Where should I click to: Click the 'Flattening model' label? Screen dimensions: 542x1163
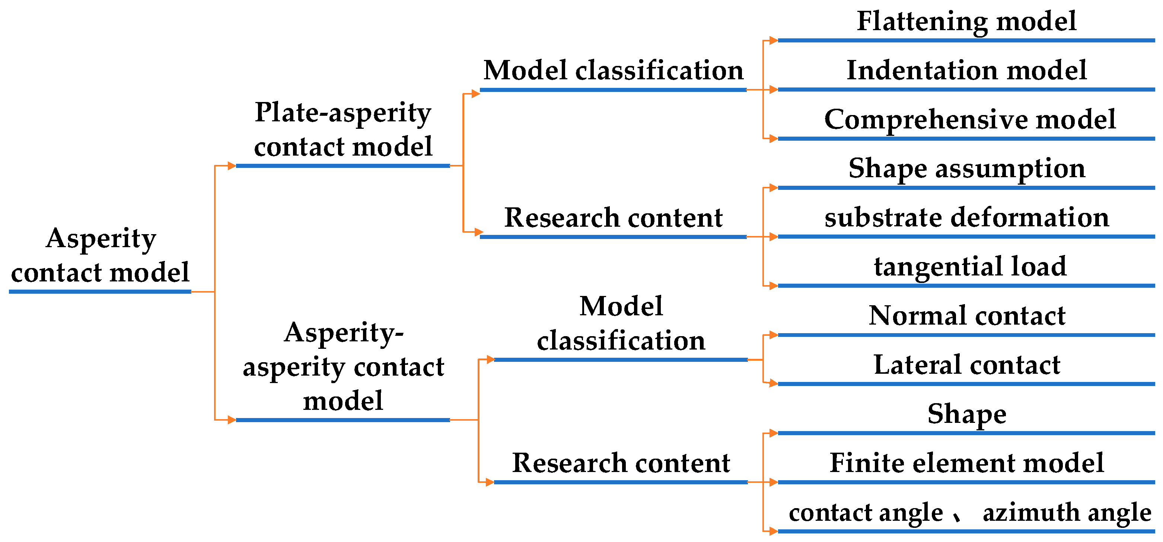coord(966,21)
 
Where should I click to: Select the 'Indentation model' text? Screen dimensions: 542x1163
coord(966,70)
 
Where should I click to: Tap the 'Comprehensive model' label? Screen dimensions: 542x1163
coord(969,119)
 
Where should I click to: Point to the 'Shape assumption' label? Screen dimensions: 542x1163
coord(966,168)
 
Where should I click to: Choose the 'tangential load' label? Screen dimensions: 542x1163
coord(970,266)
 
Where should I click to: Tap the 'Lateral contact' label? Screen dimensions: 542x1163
coord(966,365)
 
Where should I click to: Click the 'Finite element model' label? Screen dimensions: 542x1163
coord(966,463)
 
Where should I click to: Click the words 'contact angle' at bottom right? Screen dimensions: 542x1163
coord(866,513)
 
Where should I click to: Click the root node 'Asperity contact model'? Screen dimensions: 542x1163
coord(100,255)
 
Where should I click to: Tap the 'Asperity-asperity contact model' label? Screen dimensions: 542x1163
coord(343,366)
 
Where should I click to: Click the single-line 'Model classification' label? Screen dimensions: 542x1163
coord(613,71)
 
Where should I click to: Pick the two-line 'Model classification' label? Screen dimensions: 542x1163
coord(621,323)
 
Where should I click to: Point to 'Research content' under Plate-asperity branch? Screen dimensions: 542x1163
coord(613,218)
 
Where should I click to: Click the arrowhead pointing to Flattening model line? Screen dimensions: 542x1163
coord(773,41)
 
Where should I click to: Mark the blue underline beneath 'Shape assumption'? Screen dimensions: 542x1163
coord(966,188)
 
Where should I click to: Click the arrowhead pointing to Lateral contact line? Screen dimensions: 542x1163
coord(773,383)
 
